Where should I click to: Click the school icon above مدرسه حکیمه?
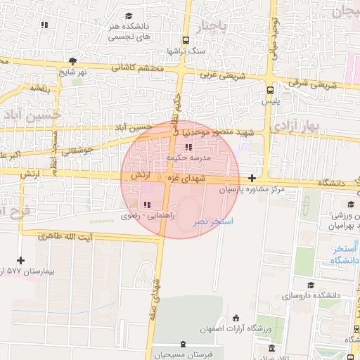tap(188, 147)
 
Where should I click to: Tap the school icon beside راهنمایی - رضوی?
tap(146, 205)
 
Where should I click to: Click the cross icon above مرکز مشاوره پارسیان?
tap(252, 179)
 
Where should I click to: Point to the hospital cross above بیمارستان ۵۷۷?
tap(20, 260)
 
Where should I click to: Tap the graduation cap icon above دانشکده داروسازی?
tap(310, 285)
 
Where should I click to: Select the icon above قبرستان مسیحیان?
tap(184, 344)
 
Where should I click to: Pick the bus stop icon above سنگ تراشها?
tap(185, 41)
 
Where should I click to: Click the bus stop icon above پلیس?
tap(271, 89)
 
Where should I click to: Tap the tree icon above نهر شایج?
tap(72, 61)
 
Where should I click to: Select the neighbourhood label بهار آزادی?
tap(296, 126)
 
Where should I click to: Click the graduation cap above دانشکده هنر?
tap(129, 15)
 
